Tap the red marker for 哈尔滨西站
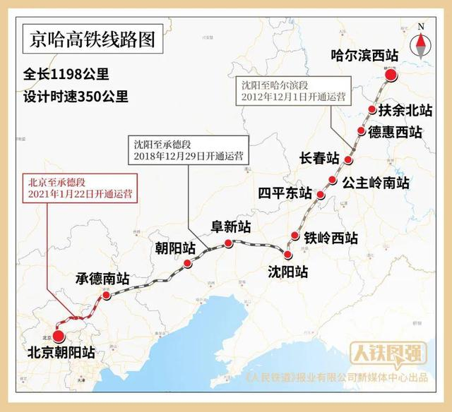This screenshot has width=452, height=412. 391,76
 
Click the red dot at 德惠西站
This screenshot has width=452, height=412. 362,131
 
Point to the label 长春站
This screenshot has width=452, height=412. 319,158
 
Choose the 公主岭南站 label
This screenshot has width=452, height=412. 376,182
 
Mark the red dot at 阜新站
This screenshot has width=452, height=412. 228,243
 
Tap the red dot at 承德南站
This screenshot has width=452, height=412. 107,296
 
